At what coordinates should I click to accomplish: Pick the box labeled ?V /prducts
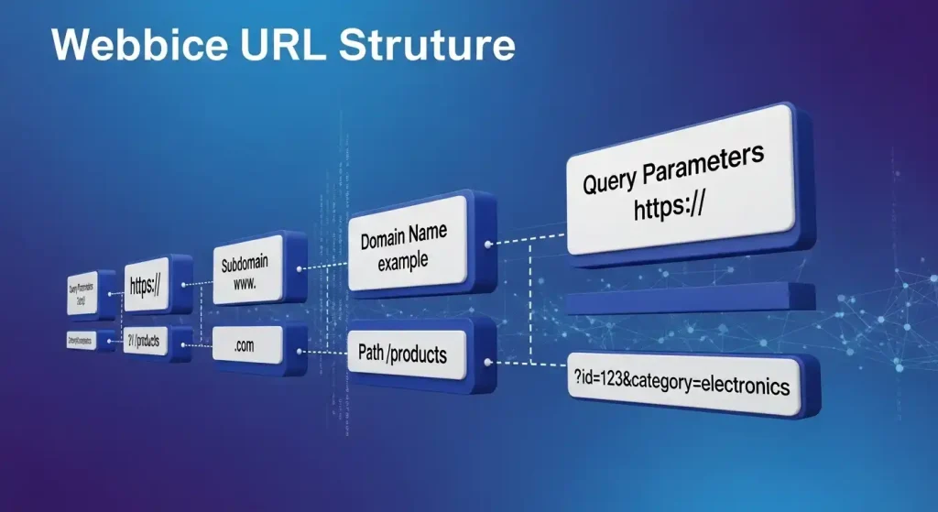click(147, 342)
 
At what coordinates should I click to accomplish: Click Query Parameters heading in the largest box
click(673, 169)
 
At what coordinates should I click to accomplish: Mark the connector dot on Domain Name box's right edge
click(486, 245)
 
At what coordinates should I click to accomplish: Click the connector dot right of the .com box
click(300, 349)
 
